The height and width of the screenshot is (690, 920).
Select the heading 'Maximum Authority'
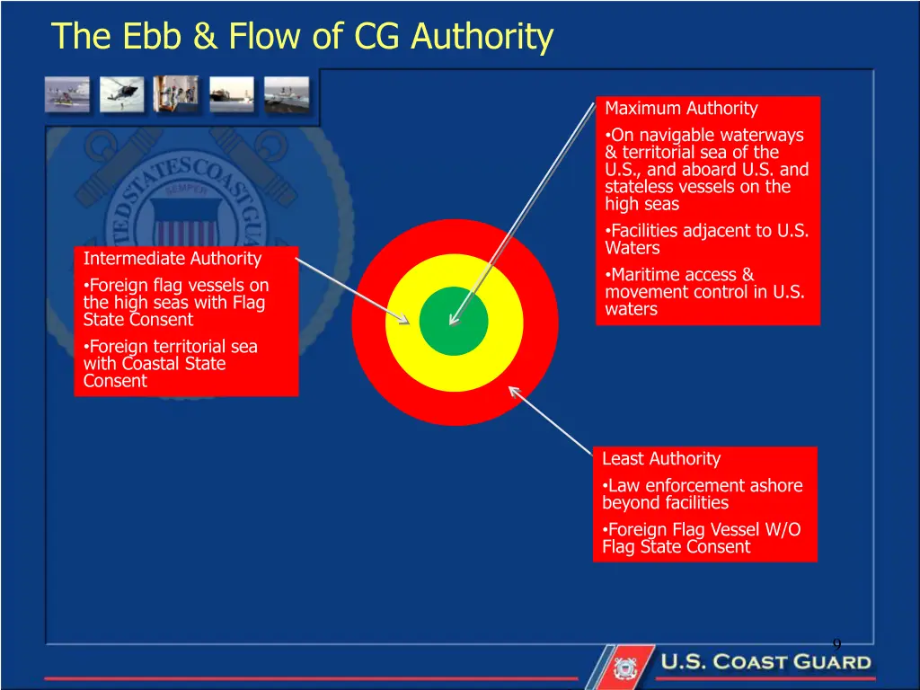pos(681,109)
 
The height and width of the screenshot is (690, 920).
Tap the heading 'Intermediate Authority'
pos(172,259)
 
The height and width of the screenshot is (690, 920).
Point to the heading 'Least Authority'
pos(660,459)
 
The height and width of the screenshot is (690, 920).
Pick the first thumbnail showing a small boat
pos(67,93)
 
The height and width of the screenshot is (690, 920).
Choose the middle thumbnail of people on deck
pos(176,93)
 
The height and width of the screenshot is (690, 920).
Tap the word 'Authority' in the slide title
pos(482,37)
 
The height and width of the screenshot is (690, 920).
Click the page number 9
pos(836,644)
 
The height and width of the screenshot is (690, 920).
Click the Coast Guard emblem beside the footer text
pos(623,667)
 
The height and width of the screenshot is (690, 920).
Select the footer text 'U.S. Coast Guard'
pos(766,663)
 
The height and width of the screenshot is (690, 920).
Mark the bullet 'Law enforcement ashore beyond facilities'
pos(702,494)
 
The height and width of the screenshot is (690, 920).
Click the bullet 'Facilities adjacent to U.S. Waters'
pos(706,239)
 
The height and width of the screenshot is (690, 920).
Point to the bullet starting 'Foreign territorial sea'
pos(171,364)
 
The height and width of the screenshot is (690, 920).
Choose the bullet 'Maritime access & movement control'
pos(703,292)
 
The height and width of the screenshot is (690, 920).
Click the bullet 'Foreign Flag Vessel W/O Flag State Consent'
pos(701,538)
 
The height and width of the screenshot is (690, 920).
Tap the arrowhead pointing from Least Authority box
pos(513,390)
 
